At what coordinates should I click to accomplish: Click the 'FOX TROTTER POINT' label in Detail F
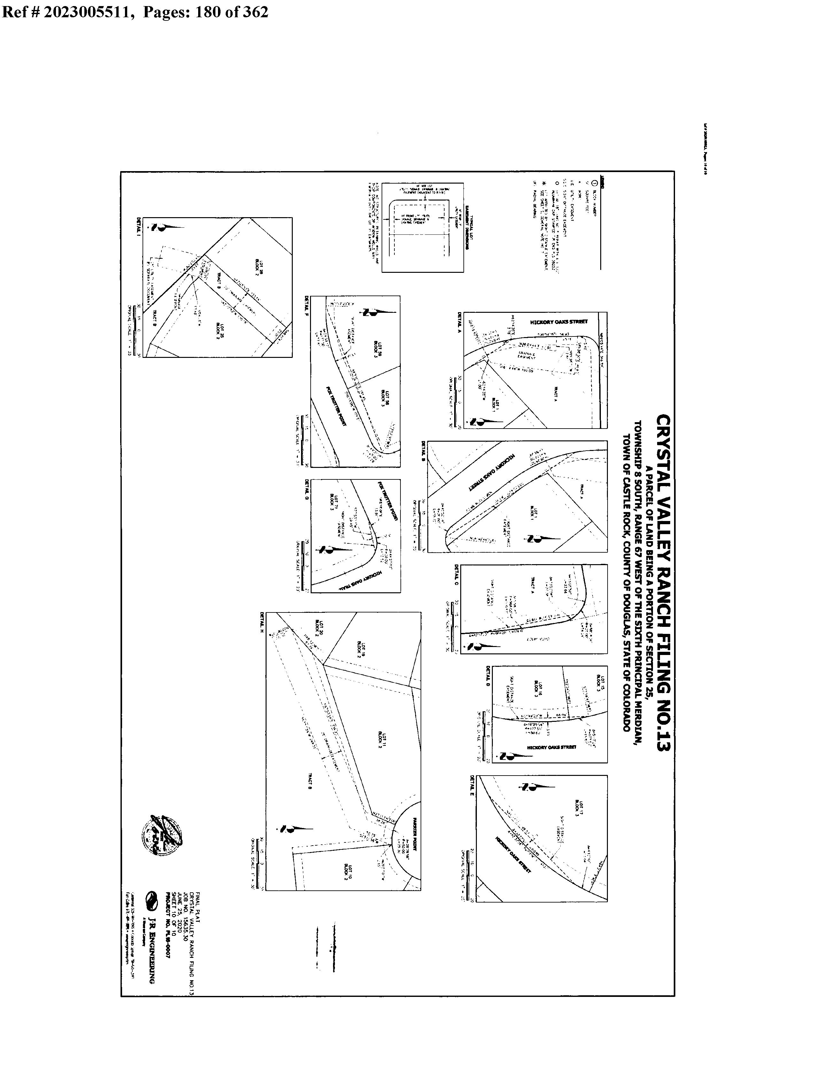coord(342,407)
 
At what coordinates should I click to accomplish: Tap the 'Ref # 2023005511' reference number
coord(68,11)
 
